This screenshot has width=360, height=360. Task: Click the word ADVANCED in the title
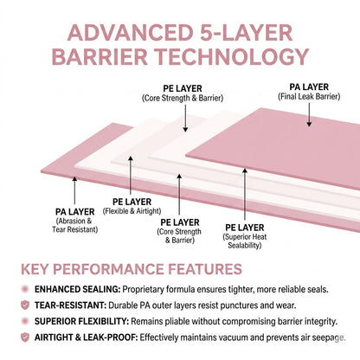click(x=130, y=33)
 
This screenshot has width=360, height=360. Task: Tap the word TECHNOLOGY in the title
click(x=233, y=56)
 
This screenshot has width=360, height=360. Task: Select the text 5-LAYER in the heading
click(x=246, y=33)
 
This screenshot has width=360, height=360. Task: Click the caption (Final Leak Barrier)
click(x=309, y=97)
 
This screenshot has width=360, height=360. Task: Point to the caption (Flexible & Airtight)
click(x=132, y=211)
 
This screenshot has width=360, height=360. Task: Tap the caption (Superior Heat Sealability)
click(x=245, y=241)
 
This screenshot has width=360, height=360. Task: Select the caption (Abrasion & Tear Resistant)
click(x=75, y=225)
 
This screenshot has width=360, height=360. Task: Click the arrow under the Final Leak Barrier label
click(x=309, y=115)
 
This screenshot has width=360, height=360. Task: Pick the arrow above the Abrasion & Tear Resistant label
click(x=74, y=190)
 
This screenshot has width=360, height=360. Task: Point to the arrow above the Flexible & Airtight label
click(x=131, y=176)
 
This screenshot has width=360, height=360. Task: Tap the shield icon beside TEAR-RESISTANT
click(x=25, y=305)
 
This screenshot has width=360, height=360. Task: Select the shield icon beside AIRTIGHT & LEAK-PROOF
click(x=25, y=337)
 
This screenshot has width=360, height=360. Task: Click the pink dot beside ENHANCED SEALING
click(x=25, y=289)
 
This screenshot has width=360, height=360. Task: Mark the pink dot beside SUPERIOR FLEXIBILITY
click(x=25, y=321)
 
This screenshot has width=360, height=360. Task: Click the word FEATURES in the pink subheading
click(x=205, y=269)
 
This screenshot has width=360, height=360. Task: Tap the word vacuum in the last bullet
click(x=228, y=337)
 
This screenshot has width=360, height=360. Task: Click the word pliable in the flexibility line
click(x=177, y=321)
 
